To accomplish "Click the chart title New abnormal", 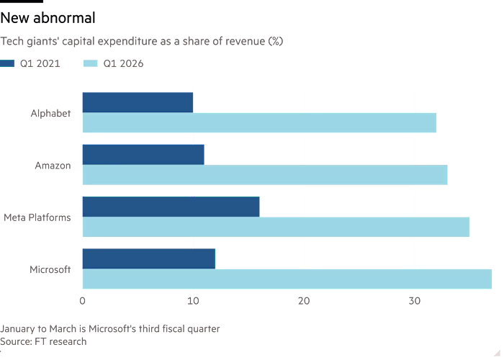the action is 48,18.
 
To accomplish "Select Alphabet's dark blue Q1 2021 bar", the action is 138,102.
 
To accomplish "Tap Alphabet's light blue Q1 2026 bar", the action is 259,122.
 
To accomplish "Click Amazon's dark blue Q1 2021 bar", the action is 143,155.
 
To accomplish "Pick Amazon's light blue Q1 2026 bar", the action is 265,175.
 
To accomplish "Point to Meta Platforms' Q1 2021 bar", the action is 171,207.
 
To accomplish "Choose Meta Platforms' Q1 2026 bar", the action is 276,227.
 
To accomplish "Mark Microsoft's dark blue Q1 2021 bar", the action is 149,258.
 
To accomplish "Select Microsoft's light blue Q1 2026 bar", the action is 287,279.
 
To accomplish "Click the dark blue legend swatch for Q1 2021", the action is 7,63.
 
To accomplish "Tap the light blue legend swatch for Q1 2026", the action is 90,63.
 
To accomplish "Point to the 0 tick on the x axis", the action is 83,301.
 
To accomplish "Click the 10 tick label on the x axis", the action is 193,301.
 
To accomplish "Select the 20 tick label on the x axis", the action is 304,301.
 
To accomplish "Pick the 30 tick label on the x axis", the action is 414,301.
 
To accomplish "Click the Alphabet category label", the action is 51,114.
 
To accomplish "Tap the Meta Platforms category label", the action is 37,217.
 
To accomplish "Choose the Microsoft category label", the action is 50,269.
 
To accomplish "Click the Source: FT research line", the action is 43,341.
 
